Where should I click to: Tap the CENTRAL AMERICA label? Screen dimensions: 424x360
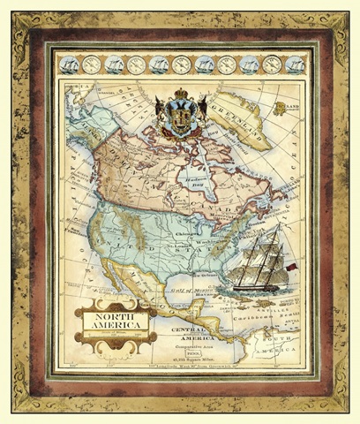pyautogui.click(x=181, y=338)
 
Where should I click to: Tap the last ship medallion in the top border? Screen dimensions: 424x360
pyautogui.click(x=296, y=64)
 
